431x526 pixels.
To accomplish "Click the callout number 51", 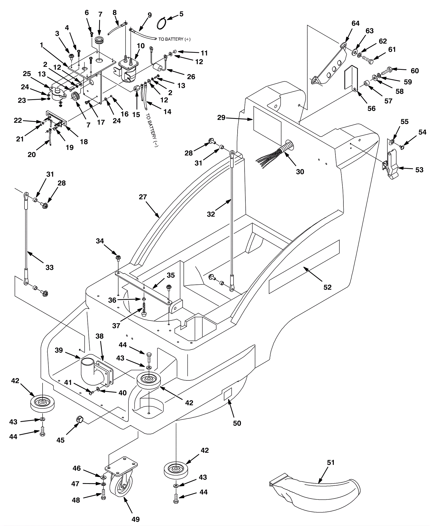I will pyautogui.click(x=331, y=462).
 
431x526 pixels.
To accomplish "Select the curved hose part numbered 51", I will pyautogui.click(x=315, y=489).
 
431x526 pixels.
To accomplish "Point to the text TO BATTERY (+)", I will pyautogui.click(x=174, y=39).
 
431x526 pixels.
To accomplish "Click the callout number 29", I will pyautogui.click(x=221, y=118).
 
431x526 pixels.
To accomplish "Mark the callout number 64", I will pyautogui.click(x=356, y=23).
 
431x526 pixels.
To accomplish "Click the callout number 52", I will pyautogui.click(x=327, y=287).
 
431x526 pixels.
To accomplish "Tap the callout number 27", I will pyautogui.click(x=143, y=197).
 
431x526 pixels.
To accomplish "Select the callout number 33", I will pyautogui.click(x=50, y=267).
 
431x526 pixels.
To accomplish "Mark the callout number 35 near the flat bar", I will pyautogui.click(x=171, y=275).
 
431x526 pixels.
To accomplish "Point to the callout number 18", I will pyautogui.click(x=84, y=142).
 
